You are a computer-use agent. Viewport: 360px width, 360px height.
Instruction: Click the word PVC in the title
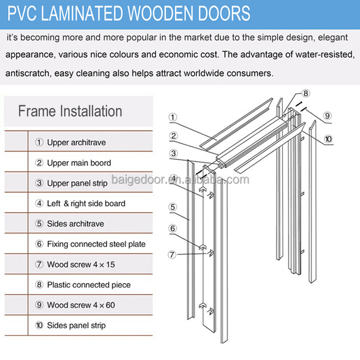pyautogui.click(x=22, y=13)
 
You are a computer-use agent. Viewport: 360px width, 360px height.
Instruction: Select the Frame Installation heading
pyautogui.click(x=70, y=111)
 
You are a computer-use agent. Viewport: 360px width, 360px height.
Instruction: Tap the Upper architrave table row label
pyautogui.click(x=76, y=143)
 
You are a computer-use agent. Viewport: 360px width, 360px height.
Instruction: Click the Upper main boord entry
pyautogui.click(x=79, y=163)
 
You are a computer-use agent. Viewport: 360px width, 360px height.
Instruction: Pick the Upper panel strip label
pyautogui.click(x=77, y=183)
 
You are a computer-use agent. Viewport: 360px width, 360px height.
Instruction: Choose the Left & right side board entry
pyautogui.click(x=86, y=204)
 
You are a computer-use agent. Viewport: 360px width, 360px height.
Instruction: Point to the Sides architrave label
pyautogui.click(x=75, y=224)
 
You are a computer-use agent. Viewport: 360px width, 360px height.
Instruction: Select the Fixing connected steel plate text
pyautogui.click(x=96, y=244)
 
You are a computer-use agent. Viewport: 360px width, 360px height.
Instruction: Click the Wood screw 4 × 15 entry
pyautogui.click(x=81, y=264)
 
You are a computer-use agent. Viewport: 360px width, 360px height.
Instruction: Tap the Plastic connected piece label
pyautogui.click(x=89, y=285)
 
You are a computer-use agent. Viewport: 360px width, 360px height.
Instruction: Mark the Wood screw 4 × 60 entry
pyautogui.click(x=81, y=305)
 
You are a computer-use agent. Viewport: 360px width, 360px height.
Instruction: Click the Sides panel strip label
pyautogui.click(x=76, y=325)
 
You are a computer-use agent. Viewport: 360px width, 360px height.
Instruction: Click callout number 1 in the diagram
pyautogui.click(x=173, y=117)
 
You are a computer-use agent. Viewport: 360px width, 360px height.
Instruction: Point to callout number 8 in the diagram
pyautogui.click(x=306, y=93)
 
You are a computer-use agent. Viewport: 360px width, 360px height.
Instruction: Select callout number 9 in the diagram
pyautogui.click(x=327, y=116)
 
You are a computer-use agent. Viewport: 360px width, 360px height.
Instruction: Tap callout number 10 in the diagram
pyautogui.click(x=328, y=139)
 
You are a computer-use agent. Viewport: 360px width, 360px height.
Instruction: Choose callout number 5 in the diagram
pyautogui.click(x=173, y=207)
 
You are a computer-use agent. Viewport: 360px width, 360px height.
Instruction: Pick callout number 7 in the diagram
pyautogui.click(x=172, y=254)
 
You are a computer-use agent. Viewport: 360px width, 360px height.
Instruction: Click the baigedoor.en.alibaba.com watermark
pyautogui.click(x=180, y=180)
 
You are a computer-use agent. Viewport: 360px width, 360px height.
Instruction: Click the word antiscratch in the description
pyautogui.click(x=28, y=73)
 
